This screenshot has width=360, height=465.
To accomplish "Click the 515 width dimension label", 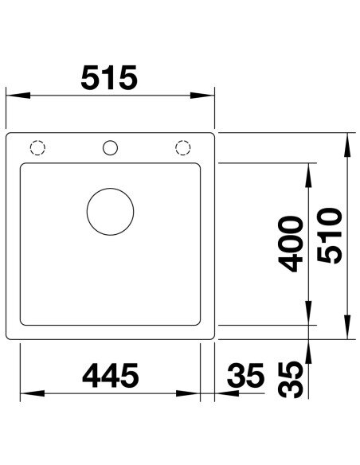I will (x=112, y=78).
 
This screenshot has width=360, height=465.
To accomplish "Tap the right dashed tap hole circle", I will (x=182, y=147).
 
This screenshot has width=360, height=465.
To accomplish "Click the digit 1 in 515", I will (x=111, y=78).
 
